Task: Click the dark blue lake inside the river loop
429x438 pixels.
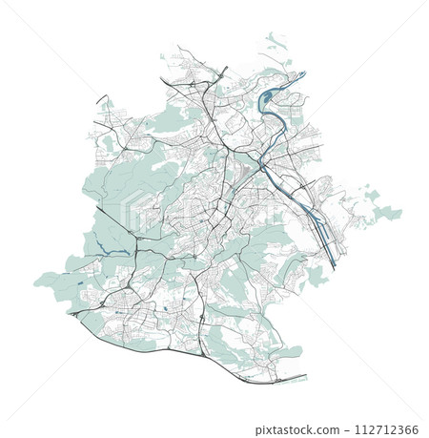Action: (269, 94)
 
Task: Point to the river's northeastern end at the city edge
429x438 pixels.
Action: (303, 73)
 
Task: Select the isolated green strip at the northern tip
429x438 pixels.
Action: (276, 39)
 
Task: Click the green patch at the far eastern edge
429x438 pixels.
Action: (386, 213)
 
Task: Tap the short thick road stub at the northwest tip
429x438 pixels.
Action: (101, 99)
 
